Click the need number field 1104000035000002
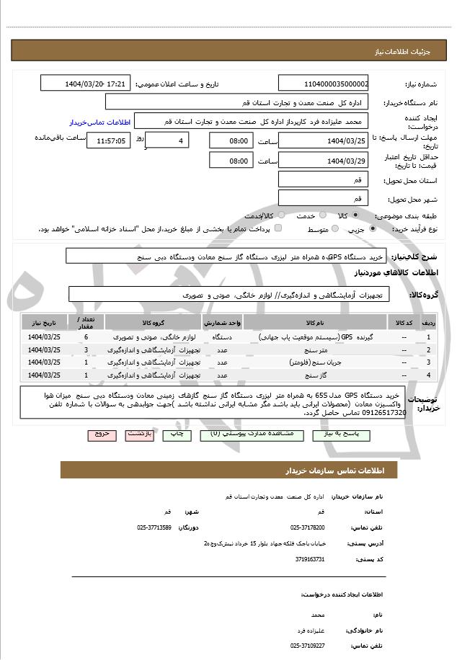coord(322,84)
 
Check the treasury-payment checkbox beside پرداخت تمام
coord(278,228)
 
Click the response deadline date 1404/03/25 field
coord(322,141)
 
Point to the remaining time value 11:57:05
coord(106,141)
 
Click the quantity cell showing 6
coord(86,336)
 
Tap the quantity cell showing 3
coord(86,349)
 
